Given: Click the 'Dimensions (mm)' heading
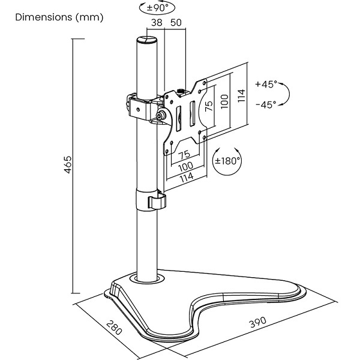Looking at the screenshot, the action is [59, 17].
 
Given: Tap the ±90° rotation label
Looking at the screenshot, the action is [157, 8].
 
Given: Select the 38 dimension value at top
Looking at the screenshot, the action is [157, 23].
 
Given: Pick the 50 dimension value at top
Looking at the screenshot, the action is [176, 23].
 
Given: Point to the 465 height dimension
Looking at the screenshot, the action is [68, 164].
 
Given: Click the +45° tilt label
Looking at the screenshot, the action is [266, 84].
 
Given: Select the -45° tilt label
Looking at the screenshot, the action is [266, 104].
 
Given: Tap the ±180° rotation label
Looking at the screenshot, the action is [227, 161].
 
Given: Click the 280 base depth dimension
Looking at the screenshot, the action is [114, 327].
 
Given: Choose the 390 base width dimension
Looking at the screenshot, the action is [257, 322].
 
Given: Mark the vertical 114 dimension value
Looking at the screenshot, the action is [241, 96].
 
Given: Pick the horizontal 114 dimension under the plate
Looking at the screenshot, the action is [187, 178].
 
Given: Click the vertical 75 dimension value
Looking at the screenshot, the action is [209, 106].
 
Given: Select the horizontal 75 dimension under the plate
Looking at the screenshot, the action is [184, 155].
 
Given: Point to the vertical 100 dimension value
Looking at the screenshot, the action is [224, 101].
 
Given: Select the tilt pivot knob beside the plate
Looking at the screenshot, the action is [160, 115].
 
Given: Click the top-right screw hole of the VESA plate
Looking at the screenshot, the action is [205, 82].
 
